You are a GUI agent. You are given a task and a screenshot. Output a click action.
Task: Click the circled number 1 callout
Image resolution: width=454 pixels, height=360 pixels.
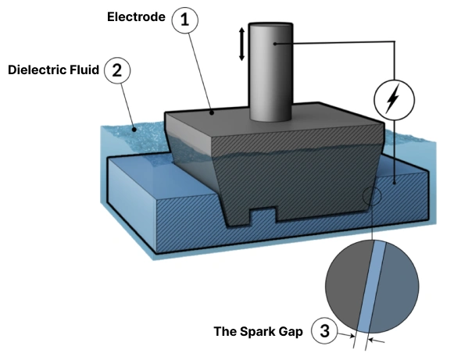point(185,20)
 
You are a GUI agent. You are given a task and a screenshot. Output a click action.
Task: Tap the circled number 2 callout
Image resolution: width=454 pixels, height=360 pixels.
point(117,70)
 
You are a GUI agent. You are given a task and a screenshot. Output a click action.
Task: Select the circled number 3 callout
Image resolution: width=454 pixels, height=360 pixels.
point(324,330)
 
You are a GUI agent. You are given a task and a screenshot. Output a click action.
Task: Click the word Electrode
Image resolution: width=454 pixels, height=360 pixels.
point(136,16)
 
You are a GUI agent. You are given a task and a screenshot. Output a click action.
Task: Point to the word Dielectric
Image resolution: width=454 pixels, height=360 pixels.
point(38,70)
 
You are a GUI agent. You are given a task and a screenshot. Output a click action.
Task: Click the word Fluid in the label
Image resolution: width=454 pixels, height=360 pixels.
point(84,70)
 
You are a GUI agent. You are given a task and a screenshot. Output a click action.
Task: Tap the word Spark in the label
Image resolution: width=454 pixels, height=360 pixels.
point(257,331)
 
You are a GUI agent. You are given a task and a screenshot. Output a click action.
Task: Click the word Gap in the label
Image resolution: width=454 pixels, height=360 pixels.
point(291,332)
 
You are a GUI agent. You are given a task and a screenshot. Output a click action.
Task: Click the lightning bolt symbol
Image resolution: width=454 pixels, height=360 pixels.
point(393,98)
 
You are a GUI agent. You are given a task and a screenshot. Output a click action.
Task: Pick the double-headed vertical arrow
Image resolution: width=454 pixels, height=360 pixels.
point(241,44)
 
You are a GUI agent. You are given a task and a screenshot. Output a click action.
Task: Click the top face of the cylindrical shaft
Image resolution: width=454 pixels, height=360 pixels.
point(270,25)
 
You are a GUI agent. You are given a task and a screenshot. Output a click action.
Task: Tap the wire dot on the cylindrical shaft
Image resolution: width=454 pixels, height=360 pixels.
point(275,44)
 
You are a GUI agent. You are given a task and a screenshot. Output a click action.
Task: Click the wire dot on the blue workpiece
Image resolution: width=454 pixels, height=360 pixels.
point(395,183)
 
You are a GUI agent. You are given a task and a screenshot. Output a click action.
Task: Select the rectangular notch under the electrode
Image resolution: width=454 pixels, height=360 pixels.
point(263,215)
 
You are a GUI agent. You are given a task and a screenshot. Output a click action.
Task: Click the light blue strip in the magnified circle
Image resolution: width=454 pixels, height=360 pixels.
point(371,287)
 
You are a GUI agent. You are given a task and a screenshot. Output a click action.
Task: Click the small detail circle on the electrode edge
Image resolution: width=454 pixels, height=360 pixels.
point(372,196)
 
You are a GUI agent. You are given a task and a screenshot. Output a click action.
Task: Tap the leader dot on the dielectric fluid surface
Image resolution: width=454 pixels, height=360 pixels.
point(134,130)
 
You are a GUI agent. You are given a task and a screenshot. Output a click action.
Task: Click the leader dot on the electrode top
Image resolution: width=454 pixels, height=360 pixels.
point(213,113)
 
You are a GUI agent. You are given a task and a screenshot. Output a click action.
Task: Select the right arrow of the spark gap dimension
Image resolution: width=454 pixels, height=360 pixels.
point(377,341)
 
